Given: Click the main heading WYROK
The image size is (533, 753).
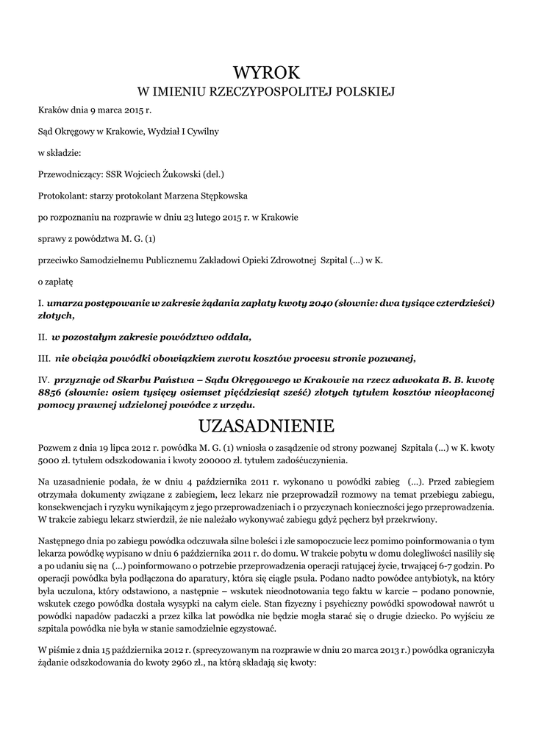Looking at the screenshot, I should pos(266,72).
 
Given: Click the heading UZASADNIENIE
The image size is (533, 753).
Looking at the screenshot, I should pos(266,426).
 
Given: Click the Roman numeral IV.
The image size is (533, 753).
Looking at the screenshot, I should pos(43,379).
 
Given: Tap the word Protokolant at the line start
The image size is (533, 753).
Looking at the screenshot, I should pos(61,196).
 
